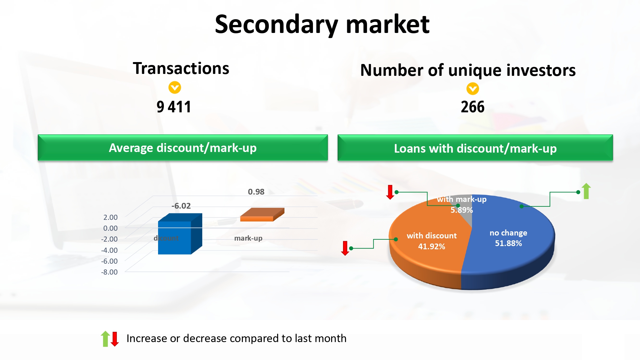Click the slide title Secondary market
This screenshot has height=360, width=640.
point(322,25)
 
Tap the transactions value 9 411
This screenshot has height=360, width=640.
point(174,107)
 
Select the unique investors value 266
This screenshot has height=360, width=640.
point(473,107)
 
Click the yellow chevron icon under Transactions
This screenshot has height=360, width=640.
point(175,87)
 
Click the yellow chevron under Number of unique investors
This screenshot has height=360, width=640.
point(473,89)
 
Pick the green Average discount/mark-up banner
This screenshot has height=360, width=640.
point(183,148)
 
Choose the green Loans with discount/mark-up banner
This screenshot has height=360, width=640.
point(475,148)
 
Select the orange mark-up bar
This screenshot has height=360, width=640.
point(262,215)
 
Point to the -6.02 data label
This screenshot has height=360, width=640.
point(181,206)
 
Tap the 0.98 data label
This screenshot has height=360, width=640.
point(256,192)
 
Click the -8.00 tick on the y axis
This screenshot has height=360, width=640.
point(109,272)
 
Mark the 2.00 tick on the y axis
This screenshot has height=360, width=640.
point(110,217)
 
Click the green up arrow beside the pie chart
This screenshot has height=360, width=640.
point(586,191)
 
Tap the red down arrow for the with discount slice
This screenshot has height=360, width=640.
point(345,248)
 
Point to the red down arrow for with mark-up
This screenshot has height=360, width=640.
point(390,192)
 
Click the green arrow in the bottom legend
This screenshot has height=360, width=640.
point(105,339)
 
